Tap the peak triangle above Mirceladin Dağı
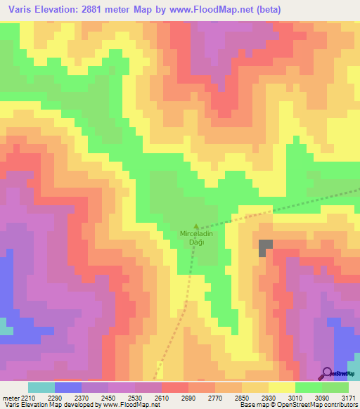196,224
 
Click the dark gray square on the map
265,248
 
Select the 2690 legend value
188,396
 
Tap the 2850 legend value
242,396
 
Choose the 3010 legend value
295,396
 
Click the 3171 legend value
349,396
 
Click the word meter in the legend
9,396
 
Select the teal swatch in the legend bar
41,387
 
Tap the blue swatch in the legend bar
68,387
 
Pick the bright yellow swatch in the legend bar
282,387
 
